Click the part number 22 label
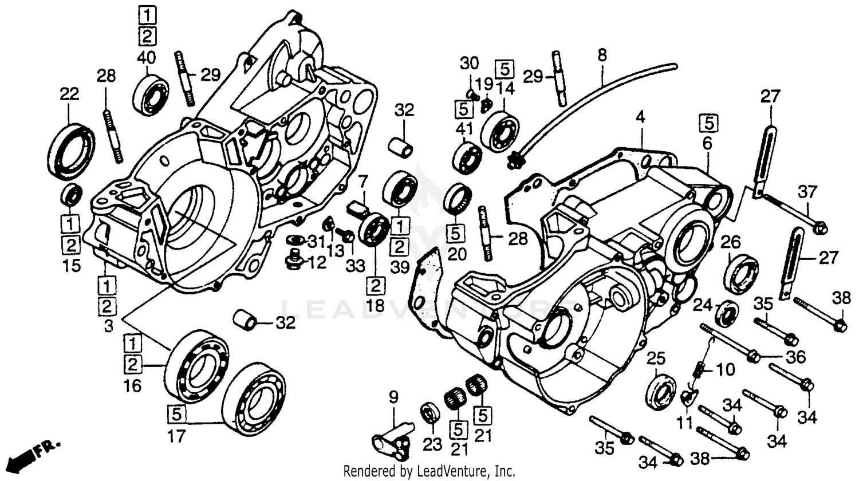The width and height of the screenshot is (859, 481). coord(69,94)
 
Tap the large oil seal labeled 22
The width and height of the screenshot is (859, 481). coord(72,150)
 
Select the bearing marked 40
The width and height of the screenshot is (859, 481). coord(151,93)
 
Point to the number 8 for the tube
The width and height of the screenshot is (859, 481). coord(601,56)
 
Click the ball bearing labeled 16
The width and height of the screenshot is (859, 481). coord(196,365)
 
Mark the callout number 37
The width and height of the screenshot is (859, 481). coord(807,192)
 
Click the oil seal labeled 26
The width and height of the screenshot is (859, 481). coord(740,275)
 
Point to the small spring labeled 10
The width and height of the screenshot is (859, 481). coord(699,373)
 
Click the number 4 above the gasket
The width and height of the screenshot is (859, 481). coord(640,119)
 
